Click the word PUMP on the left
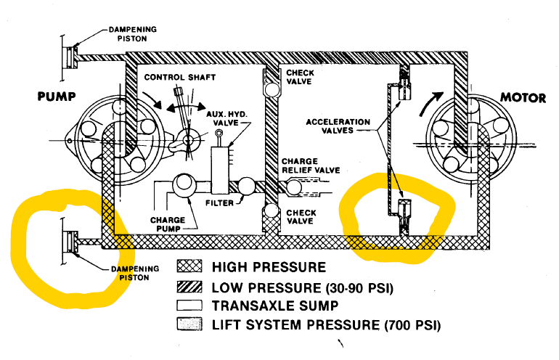pyautogui.click(x=57, y=97)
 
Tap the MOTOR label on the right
pyautogui.click(x=523, y=98)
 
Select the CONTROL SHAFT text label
pyautogui.click(x=180, y=78)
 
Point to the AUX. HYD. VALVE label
pyautogui.click(x=227, y=119)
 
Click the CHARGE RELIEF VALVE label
pyautogui.click(x=311, y=165)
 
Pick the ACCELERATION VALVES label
pyautogui.click(x=338, y=126)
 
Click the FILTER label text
pyautogui.click(x=219, y=203)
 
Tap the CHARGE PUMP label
pyautogui.click(x=168, y=224)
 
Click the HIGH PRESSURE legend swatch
pyautogui.click(x=189, y=266)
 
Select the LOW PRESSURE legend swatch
pyautogui.click(x=189, y=287)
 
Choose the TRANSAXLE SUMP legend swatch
pyautogui.click(x=189, y=306)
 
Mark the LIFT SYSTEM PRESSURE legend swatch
pyautogui.click(x=189, y=324)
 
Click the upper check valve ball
pyautogui.click(x=272, y=89)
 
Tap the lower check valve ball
pyautogui.click(x=272, y=210)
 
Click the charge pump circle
pyautogui.click(x=184, y=185)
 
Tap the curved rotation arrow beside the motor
pyautogui.click(x=431, y=103)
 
